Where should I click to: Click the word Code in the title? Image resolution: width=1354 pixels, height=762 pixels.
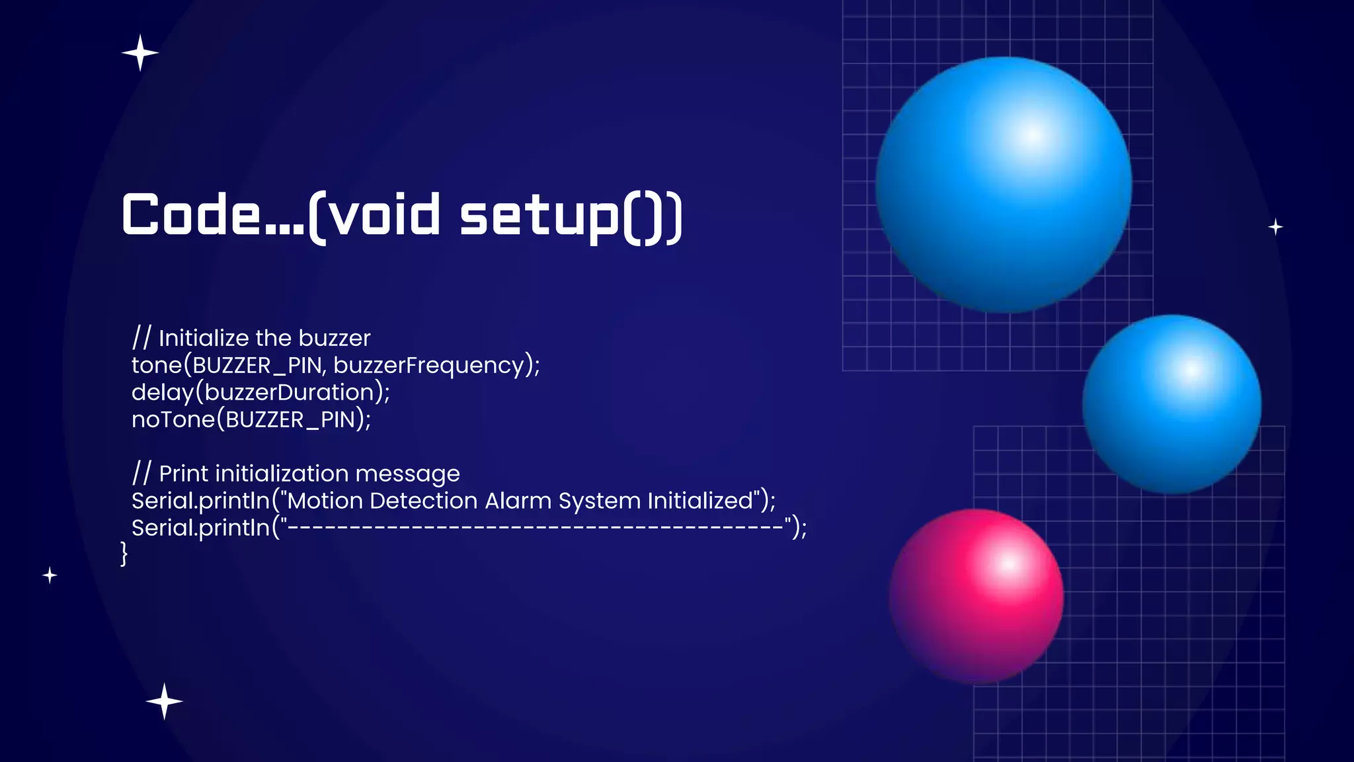tap(192, 215)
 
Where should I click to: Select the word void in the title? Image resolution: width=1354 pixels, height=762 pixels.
tap(385, 215)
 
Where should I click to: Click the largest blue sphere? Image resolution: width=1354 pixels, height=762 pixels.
tap(1004, 185)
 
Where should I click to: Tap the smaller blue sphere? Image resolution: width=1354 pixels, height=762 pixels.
tap(1172, 404)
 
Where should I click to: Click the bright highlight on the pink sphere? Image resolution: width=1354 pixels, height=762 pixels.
tap(1008, 564)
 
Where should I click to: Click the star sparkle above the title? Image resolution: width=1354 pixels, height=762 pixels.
tap(140, 53)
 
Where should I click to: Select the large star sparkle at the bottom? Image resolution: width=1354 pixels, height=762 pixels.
tap(164, 701)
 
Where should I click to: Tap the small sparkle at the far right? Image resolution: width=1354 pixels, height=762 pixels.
tap(1275, 227)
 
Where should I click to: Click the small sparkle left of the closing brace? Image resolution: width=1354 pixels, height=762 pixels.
tap(50, 575)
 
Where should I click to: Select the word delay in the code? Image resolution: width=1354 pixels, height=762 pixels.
tap(162, 392)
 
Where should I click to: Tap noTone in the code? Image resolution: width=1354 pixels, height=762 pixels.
tap(173, 419)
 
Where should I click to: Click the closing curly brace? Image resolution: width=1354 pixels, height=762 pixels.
tap(124, 554)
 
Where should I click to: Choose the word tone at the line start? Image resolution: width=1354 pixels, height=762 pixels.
tap(156, 365)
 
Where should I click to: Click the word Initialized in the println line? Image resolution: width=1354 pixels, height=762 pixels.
tap(700, 501)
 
